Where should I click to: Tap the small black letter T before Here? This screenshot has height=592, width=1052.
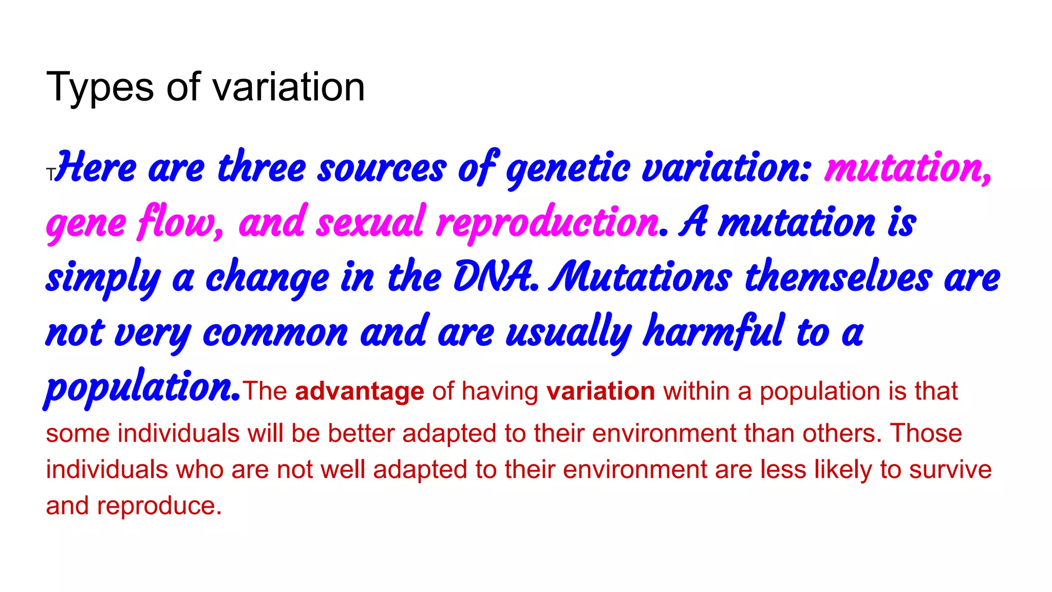click(50, 175)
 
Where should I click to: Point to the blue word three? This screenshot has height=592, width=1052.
click(261, 169)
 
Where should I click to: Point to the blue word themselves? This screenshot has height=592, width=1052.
click(838, 278)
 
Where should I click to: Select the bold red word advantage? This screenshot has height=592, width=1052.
click(359, 392)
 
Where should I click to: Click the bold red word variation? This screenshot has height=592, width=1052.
click(600, 392)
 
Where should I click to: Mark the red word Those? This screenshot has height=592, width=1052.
click(926, 433)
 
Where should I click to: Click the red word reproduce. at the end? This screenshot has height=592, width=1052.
click(159, 506)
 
